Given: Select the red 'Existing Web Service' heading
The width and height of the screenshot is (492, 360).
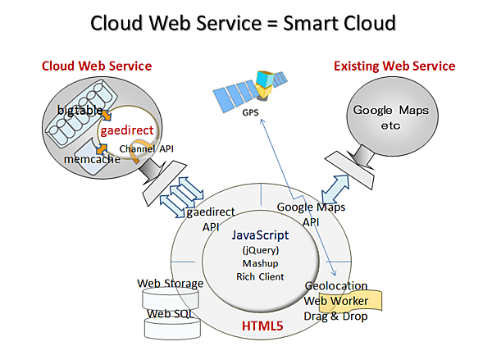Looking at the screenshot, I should coord(394,66).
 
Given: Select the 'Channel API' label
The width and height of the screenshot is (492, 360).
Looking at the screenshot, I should coord(146,148).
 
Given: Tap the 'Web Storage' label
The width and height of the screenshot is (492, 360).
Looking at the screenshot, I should coord(171,284).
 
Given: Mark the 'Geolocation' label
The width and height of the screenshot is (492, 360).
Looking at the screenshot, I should coord(335,286).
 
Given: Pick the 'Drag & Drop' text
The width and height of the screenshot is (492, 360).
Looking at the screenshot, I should coord(336,316).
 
